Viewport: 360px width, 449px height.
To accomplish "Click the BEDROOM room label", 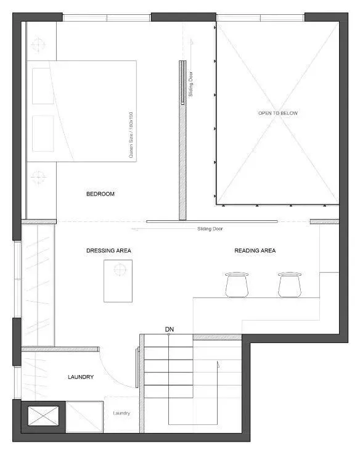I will [100, 194].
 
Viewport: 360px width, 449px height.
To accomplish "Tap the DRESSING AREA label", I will [108, 250].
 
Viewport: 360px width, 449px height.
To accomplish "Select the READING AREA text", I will [255, 250].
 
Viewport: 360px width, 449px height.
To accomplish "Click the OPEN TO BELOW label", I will [277, 113].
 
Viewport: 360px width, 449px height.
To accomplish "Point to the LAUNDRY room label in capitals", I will [81, 377].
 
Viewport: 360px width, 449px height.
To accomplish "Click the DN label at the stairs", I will [170, 330].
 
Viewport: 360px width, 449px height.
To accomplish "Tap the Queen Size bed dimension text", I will [131, 135].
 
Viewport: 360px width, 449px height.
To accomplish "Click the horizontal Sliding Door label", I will [210, 229].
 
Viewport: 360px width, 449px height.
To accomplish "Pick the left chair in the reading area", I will [236, 284].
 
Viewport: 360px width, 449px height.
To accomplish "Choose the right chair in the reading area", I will [288, 284].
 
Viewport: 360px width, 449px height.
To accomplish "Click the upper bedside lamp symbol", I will [39, 44].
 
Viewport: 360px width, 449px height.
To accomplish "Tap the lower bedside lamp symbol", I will [39, 176].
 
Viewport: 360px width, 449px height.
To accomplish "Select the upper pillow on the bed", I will [43, 86].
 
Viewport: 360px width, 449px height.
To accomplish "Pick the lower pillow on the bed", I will [43, 134].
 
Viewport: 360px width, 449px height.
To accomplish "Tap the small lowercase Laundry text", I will [121, 413].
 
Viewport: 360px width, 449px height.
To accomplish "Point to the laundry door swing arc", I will [121, 374].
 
